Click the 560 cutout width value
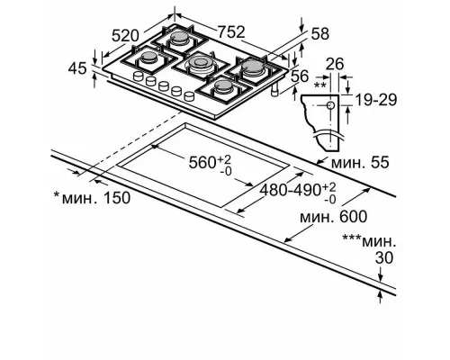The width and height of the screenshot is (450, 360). click(212, 162)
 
